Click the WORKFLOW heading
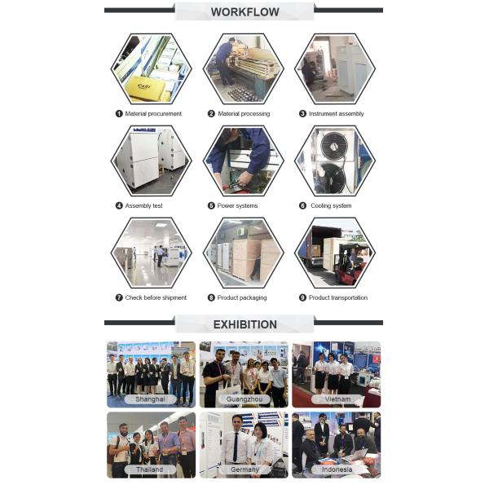pos(244,12)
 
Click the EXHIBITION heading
pos(244,324)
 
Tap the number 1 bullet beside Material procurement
pos(119,113)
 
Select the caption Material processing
pos(244,114)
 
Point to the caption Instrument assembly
pos(336,114)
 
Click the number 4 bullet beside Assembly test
pos(119,205)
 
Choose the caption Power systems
pos(237,205)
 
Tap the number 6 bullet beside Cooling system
pos(302,205)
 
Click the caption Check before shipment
pos(156,297)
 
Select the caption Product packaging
pos(242,297)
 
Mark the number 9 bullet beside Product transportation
pos(302,297)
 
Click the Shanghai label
pos(150,399)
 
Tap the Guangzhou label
pos(244,399)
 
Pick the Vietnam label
pos(337,399)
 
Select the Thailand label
pos(150,469)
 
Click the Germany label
pos(244,469)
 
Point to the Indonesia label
pos(337,469)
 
